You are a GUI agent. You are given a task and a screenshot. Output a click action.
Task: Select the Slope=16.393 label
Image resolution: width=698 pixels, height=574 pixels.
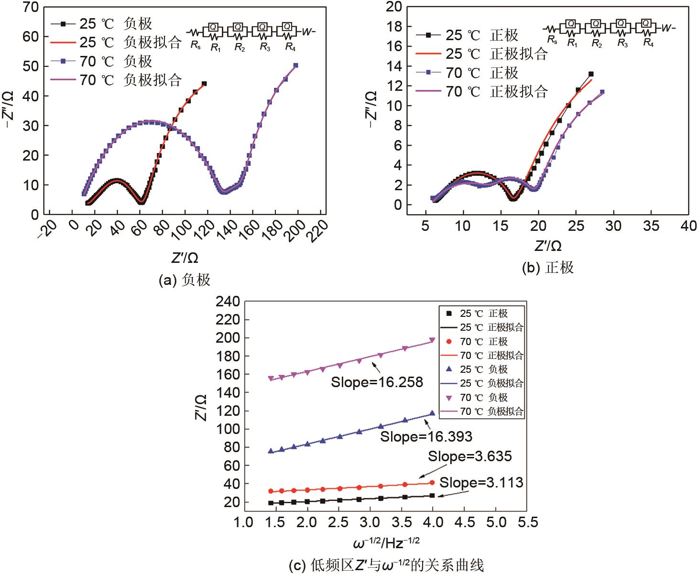[x=426, y=436]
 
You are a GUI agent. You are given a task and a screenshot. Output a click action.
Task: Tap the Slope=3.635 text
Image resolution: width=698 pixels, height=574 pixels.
[x=469, y=456]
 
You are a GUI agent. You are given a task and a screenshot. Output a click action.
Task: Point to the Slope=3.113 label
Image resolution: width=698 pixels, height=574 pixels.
[x=481, y=483]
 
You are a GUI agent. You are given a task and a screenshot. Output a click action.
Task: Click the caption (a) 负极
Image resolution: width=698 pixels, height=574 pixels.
[x=184, y=280]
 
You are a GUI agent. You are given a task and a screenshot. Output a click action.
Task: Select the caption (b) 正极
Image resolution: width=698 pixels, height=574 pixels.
[x=547, y=267]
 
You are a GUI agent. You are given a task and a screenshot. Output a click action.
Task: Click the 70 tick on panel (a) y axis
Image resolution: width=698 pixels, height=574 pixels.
[x=30, y=7]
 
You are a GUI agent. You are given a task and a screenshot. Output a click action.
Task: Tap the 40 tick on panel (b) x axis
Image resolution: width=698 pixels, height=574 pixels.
[x=688, y=226]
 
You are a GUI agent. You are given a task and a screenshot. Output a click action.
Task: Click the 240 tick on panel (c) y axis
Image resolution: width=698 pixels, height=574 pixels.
[x=226, y=302]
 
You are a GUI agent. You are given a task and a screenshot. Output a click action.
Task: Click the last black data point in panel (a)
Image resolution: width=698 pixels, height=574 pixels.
[x=204, y=84]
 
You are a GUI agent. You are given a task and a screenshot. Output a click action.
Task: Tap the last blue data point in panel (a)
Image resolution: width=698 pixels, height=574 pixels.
[x=295, y=65]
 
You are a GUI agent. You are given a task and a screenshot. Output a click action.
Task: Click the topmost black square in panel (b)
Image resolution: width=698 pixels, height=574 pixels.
[x=591, y=74]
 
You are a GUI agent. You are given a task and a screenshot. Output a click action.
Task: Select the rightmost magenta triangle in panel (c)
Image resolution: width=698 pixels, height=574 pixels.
[x=432, y=340]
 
